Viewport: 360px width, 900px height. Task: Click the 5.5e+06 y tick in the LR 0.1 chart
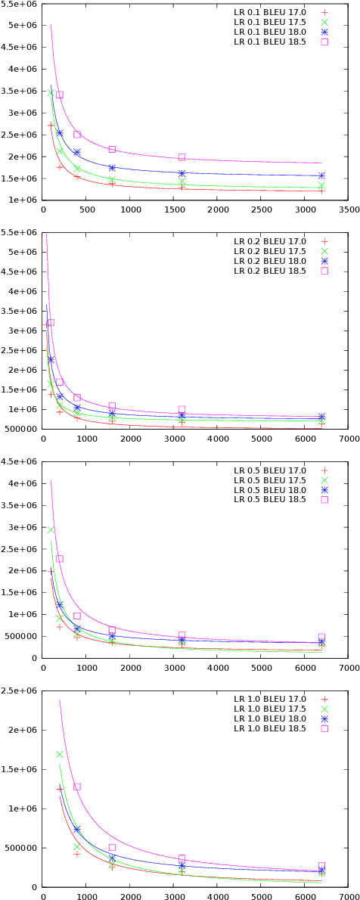[18, 4]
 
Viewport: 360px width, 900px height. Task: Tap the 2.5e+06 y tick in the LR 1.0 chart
[18, 691]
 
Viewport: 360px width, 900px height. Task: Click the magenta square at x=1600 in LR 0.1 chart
[182, 157]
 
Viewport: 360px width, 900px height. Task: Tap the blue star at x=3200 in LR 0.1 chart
[322, 175]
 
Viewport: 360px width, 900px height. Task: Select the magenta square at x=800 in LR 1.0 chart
[77, 787]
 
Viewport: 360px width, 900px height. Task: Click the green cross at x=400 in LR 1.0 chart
[60, 754]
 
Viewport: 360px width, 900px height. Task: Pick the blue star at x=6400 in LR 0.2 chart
[322, 417]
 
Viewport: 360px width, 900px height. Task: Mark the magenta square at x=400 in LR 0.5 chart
[60, 559]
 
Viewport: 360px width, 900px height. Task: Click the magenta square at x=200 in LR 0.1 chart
[60, 95]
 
